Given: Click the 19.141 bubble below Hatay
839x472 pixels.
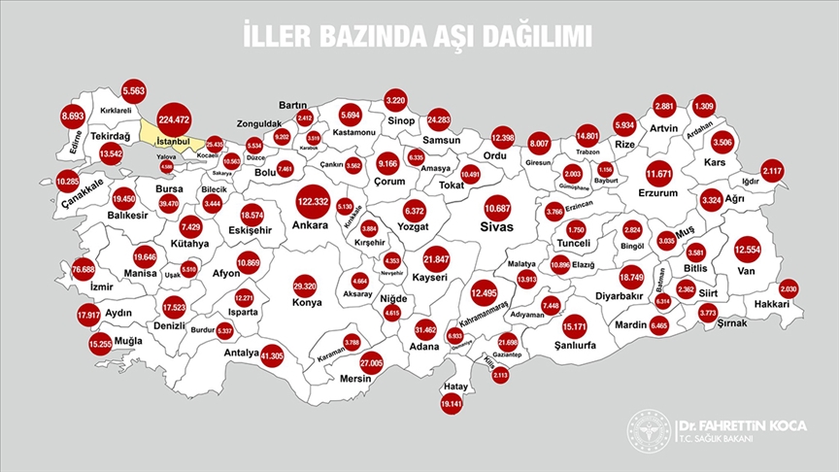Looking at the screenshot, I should coord(452,403).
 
